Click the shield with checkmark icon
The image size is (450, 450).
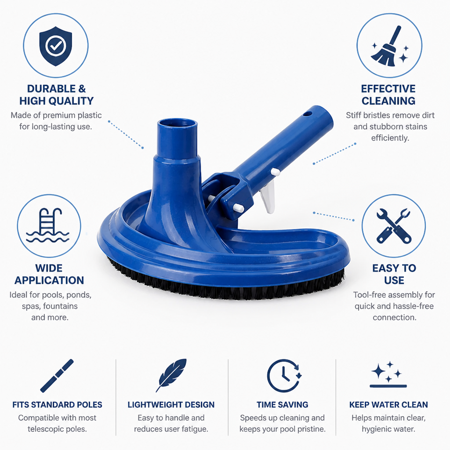pos(56,46)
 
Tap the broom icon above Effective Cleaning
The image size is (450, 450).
pos(389,46)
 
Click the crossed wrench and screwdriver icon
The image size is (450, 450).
pos(394,226)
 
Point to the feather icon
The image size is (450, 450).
pos(171,375)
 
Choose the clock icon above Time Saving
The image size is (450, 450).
pos(284,376)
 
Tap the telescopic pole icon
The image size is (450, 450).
pos(57,376)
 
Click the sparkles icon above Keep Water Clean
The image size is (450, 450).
pos(388,374)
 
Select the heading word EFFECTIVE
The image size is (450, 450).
pos(388,89)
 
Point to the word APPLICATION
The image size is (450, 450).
pos(49,280)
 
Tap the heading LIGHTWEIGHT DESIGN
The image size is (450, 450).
pos(171,405)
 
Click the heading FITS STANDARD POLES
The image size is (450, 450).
pos(57,405)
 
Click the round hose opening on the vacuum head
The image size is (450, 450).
pos(178,124)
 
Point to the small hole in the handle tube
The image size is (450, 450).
pos(307,114)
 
